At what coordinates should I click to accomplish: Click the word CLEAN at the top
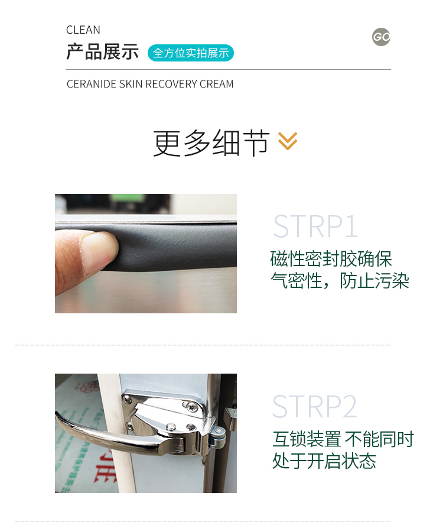click(x=83, y=30)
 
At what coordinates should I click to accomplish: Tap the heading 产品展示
click(x=102, y=52)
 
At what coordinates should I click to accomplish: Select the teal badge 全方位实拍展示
click(x=191, y=53)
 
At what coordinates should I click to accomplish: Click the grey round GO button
click(x=382, y=37)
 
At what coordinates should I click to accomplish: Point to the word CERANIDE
click(x=92, y=85)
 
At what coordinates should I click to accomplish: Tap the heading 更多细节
click(x=211, y=142)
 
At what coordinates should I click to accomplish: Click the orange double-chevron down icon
click(x=288, y=141)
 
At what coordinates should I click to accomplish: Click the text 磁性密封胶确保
click(x=331, y=259)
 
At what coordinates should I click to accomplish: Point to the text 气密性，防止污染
click(x=340, y=281)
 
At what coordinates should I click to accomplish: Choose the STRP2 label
click(x=315, y=407)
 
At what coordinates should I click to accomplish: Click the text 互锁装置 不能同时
click(x=343, y=439)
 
